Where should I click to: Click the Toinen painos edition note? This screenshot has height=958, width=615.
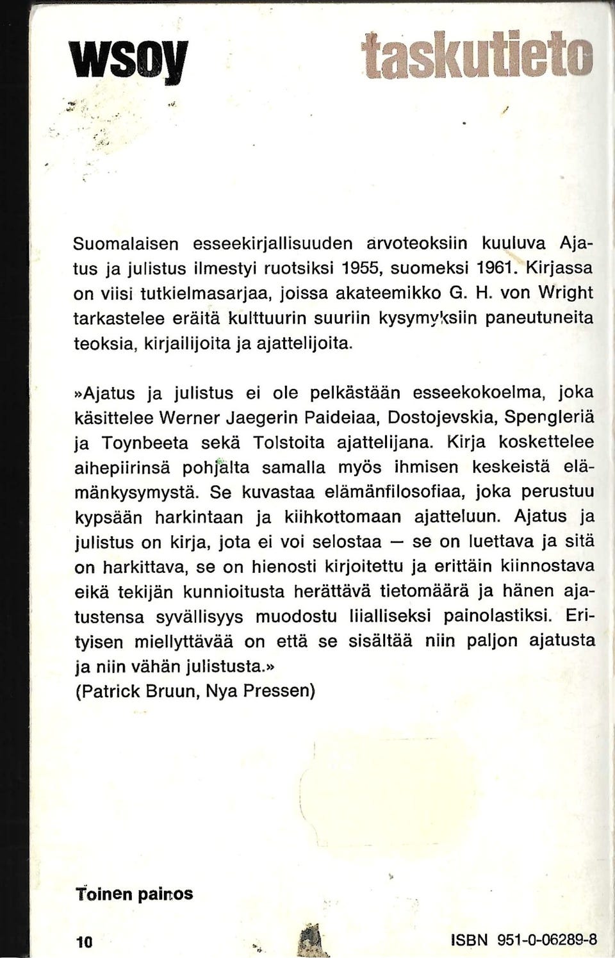click(x=134, y=893)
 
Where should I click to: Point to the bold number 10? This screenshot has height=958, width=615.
click(x=85, y=941)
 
